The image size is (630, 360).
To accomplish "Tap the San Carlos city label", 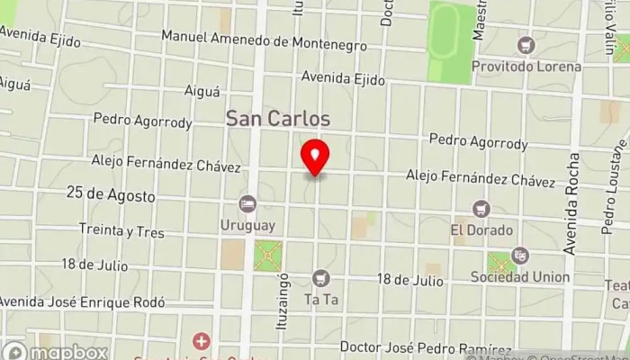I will pos(277,119).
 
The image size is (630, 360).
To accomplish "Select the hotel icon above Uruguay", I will pos(247,204).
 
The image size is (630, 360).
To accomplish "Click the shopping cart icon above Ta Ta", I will pos(320,279).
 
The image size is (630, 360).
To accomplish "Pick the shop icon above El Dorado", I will pos(481,209).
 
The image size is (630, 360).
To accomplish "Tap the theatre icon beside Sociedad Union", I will pos(519,256).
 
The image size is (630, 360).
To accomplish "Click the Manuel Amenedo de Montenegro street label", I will pos(264,42).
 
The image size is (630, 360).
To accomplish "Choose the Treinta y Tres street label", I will pos(121,231).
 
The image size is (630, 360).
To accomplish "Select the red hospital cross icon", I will pos(201,341).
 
